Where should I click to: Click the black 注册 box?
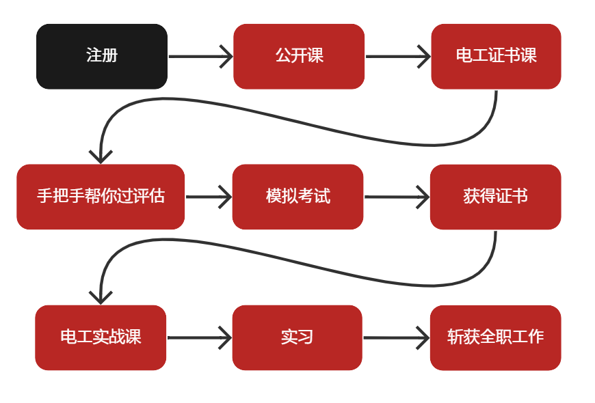(x=101, y=56)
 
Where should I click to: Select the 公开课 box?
(x=298, y=56)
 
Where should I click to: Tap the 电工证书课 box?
(x=496, y=56)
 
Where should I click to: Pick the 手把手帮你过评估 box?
(x=101, y=197)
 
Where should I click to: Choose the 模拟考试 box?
(x=297, y=197)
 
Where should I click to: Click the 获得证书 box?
(x=495, y=197)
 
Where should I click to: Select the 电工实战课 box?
(x=101, y=337)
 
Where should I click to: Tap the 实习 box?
(x=297, y=337)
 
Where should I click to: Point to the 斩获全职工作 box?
(x=495, y=337)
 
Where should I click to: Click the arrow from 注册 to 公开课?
(x=200, y=57)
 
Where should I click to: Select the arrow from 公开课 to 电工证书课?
(x=397, y=57)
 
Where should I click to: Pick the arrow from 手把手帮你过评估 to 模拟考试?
(x=208, y=197)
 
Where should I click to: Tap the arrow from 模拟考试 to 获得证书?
(x=397, y=197)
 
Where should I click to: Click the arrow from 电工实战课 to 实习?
(x=199, y=337)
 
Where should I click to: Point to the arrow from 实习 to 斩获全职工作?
(x=396, y=337)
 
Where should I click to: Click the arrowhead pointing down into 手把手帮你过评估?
(x=101, y=156)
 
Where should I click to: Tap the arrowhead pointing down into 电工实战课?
(x=101, y=297)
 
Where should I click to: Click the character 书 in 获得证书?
(x=519, y=197)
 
